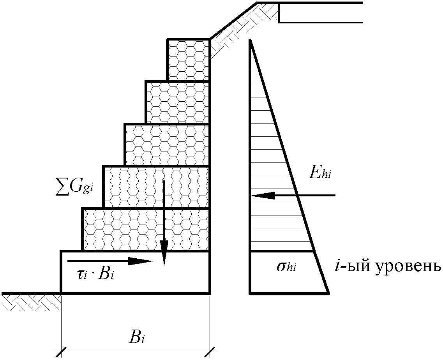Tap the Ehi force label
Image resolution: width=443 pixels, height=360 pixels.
coord(320,173)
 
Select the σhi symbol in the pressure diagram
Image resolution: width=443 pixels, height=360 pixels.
coord(286,266)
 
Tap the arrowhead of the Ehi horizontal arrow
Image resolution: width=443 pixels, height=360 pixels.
coord(263,195)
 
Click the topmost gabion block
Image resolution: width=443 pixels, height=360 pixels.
coord(189,60)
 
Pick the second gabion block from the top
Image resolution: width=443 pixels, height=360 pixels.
coord(178,102)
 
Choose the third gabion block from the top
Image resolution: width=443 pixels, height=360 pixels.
coord(167,145)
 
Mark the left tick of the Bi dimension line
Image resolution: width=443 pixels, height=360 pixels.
coord(61,352)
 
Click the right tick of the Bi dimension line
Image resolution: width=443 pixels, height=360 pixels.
coord(210,352)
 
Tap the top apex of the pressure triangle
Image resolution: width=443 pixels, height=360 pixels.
coord(250,40)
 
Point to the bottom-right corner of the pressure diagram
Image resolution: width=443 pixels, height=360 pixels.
coord(328,293)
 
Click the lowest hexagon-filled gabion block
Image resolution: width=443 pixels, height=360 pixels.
coord(146,229)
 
